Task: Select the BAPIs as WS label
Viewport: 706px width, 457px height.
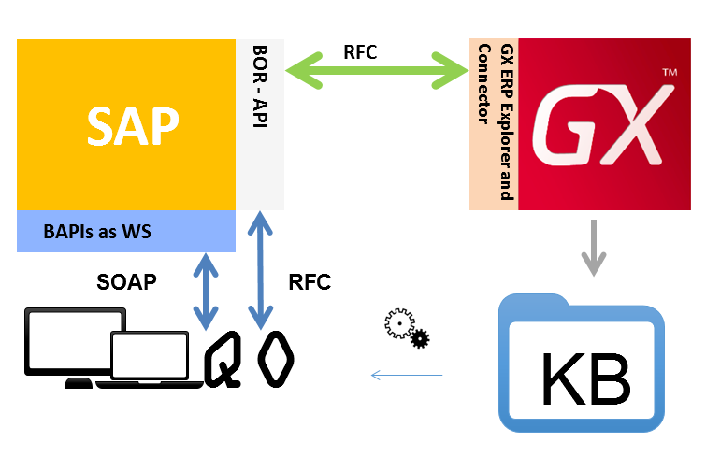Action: [97, 231]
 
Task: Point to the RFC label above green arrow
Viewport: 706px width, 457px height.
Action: [360, 51]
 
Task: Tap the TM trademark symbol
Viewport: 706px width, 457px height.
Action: [669, 73]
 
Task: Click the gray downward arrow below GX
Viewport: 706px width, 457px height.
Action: [591, 247]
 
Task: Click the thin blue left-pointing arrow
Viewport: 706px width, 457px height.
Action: [406, 376]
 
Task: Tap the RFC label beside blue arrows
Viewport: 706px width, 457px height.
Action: [310, 282]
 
